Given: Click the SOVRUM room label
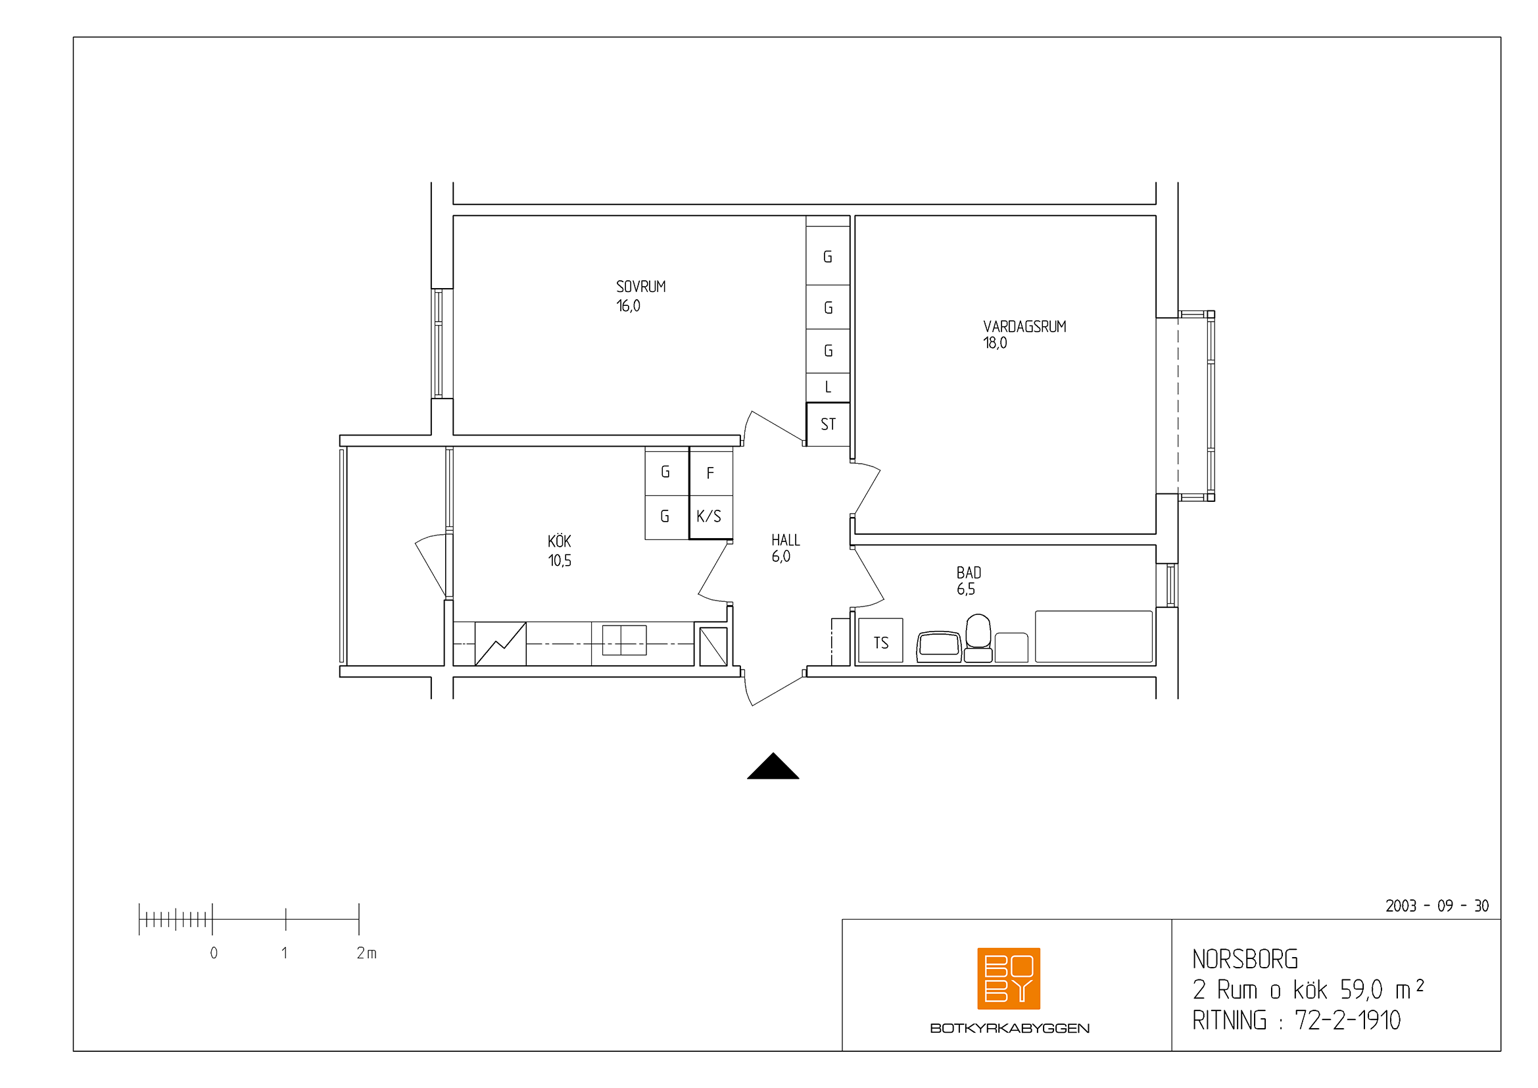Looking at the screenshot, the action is pyautogui.click(x=640, y=287).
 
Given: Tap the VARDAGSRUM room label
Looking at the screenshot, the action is pyautogui.click(x=1024, y=327).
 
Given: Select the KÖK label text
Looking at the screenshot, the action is pyautogui.click(x=560, y=541).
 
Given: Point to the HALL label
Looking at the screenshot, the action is pyautogui.click(x=785, y=540).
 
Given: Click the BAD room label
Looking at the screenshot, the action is pyautogui.click(x=969, y=573).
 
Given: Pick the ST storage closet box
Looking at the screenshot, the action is pyautogui.click(x=828, y=424).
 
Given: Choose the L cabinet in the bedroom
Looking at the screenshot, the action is pyautogui.click(x=828, y=387).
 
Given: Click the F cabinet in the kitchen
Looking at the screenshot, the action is pyautogui.click(x=711, y=472).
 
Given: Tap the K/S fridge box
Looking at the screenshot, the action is pyautogui.click(x=711, y=516).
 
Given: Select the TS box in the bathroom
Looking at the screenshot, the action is pyautogui.click(x=880, y=641).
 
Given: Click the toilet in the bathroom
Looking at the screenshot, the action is pyautogui.click(x=978, y=639).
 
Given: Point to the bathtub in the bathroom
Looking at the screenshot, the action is pyautogui.click(x=1094, y=637).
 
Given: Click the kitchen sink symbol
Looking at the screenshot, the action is pyautogui.click(x=624, y=640).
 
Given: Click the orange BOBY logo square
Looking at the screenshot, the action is pyautogui.click(x=1009, y=978).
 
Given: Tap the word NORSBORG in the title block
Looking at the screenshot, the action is pyautogui.click(x=1245, y=959).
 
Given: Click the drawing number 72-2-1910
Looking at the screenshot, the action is pyautogui.click(x=1347, y=1020).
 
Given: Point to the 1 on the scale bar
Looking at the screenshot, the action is pyautogui.click(x=285, y=952).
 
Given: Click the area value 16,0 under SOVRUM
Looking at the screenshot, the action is pyautogui.click(x=629, y=306).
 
